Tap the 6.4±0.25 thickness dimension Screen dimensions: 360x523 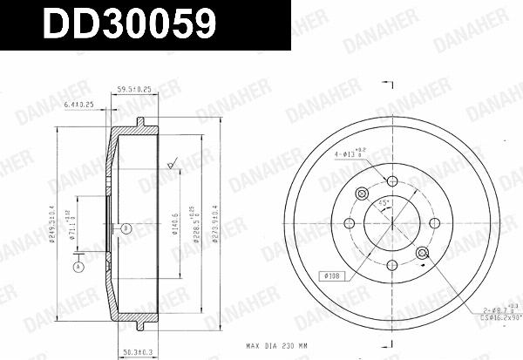click(x=79, y=104)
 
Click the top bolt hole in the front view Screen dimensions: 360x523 click(x=392, y=180)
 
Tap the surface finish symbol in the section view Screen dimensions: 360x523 click(x=172, y=160)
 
